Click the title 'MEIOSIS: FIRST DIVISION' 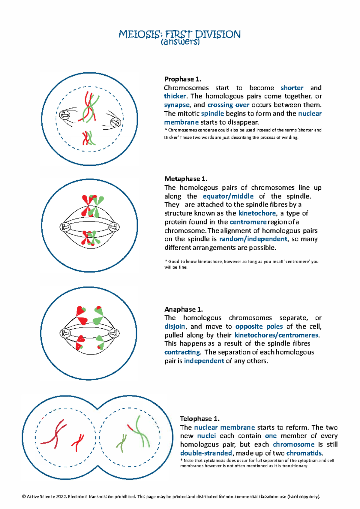tap(179, 34)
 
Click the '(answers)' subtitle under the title tap(180, 42)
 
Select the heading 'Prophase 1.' tap(182, 79)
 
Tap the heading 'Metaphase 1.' tap(185, 179)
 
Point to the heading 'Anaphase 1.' tap(183, 309)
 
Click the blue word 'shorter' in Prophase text tap(292, 88)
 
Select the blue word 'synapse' tap(177, 105)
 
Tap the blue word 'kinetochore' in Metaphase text tap(257, 213)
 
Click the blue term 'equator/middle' tap(228, 196)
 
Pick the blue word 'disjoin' tap(175, 327)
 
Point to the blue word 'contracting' tap(182, 352)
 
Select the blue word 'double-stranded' tap(206, 453)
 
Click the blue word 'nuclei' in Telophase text tap(206, 436)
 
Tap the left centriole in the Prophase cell tap(64, 115)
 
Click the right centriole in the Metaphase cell tap(114, 227)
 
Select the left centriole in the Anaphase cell tap(65, 333)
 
